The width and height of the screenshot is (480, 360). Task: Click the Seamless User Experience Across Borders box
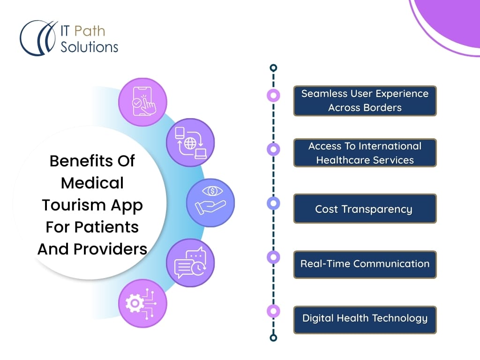tap(365, 101)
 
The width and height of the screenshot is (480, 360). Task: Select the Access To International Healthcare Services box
tap(365, 153)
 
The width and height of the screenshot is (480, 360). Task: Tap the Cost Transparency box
tap(365, 209)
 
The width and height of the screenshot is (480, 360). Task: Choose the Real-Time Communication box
tap(365, 264)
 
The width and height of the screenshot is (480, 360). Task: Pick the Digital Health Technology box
tap(365, 320)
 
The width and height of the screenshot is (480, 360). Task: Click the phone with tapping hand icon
tap(143, 102)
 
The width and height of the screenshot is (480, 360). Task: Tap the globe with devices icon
tap(190, 142)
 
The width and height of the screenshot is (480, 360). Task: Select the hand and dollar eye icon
tap(210, 202)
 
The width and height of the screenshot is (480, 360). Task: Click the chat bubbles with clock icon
tap(190, 263)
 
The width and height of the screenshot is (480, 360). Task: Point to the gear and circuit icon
tap(143, 303)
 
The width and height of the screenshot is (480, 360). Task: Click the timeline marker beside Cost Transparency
tap(273, 203)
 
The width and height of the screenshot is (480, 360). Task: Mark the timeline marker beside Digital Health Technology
tap(273, 311)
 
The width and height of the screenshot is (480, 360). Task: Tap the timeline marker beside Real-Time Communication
tap(273, 257)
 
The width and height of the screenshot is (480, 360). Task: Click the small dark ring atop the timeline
tap(273, 67)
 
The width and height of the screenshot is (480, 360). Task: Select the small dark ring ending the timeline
tap(273, 337)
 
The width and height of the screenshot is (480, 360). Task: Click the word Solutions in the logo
tap(89, 47)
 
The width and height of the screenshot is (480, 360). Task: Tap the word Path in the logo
tap(90, 31)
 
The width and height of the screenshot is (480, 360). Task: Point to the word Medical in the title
tap(92, 183)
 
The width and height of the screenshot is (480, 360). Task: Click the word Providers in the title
tap(110, 249)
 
